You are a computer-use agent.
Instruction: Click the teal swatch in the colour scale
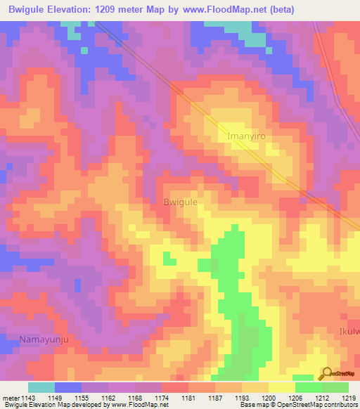[41, 387]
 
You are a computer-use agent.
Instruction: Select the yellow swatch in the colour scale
[281, 387]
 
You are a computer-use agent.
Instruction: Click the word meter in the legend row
[11, 397]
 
